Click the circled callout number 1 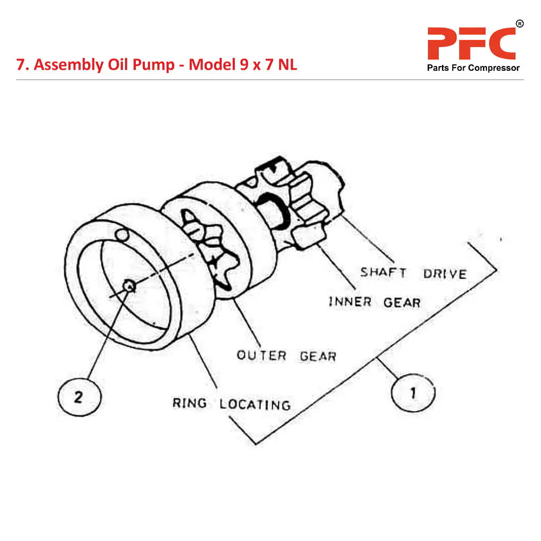(413, 392)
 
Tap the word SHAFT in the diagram (383, 272)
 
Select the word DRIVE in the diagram (445, 273)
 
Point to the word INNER (350, 301)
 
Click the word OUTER (261, 355)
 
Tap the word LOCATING (255, 404)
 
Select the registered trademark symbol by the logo (519, 23)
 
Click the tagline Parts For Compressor (473, 68)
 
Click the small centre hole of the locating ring (129, 285)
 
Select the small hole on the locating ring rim (123, 235)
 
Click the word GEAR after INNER (402, 302)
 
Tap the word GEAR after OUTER (318, 356)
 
